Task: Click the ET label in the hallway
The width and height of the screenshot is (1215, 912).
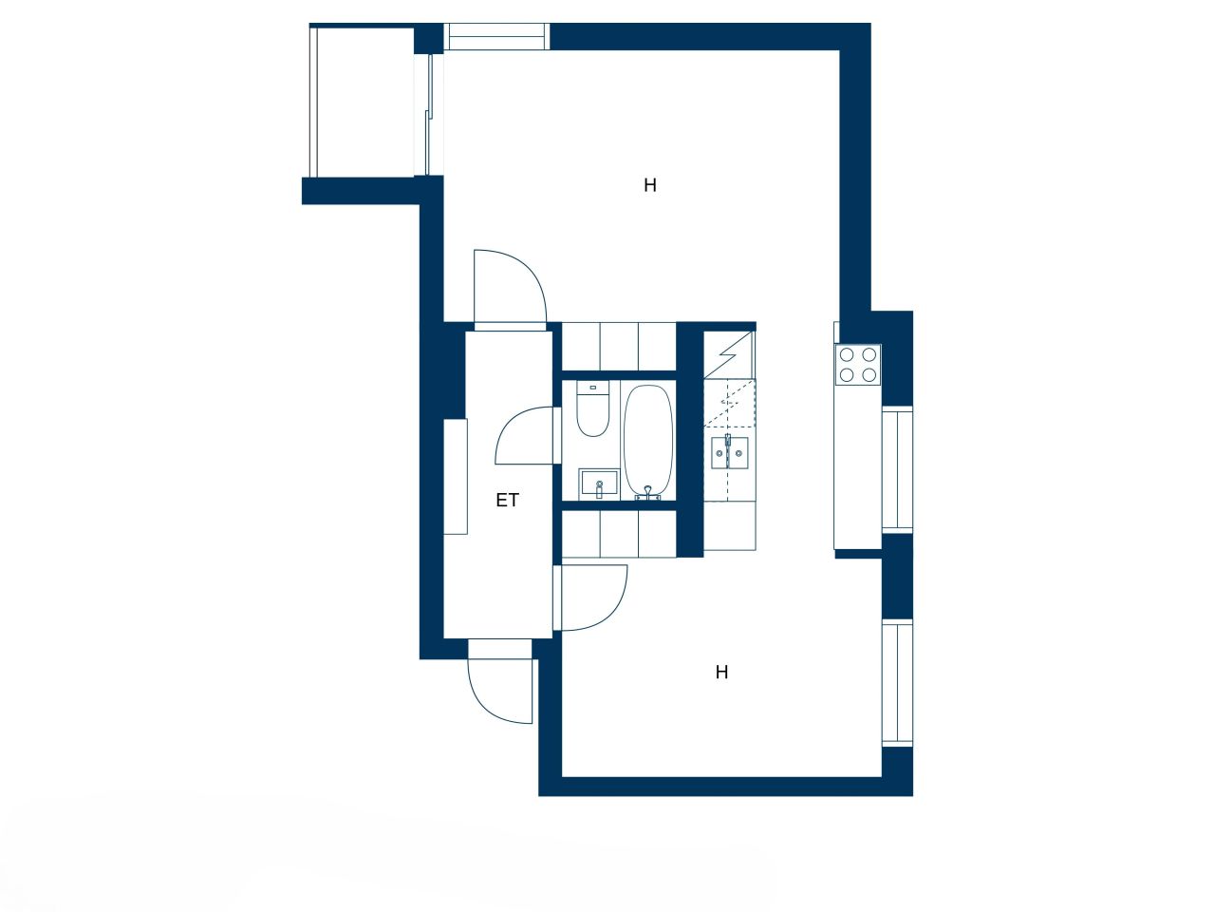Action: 508,500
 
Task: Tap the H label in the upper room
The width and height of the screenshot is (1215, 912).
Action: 650,185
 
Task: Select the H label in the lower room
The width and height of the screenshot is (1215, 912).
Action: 721,673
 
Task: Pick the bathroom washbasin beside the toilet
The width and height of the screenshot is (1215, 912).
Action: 598,484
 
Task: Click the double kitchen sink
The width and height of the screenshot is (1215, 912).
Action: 729,453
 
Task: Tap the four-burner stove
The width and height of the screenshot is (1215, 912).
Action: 858,364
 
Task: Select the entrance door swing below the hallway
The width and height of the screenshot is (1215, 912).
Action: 497,686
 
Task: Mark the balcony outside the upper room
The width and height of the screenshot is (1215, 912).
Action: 363,102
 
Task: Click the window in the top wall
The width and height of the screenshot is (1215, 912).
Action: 496,36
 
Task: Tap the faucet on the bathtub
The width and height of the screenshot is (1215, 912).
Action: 648,492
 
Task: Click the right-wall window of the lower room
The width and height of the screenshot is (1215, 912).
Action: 897,682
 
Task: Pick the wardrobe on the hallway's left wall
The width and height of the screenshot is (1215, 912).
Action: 456,476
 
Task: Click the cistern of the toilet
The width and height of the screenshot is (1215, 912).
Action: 593,387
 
